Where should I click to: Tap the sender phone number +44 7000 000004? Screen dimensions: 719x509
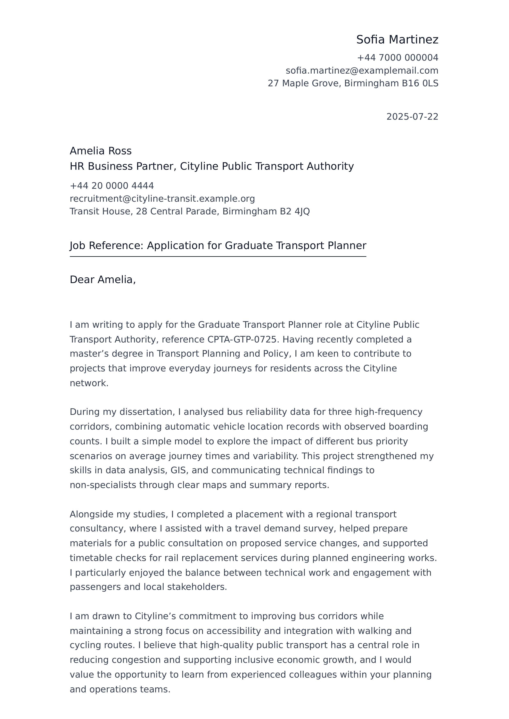tap(397, 58)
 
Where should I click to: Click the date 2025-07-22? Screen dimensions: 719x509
tap(412, 117)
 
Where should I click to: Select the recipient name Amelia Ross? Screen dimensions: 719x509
tap(101, 151)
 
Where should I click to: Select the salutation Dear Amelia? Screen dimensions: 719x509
tap(102, 279)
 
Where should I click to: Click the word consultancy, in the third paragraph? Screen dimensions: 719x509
tap(97, 529)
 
